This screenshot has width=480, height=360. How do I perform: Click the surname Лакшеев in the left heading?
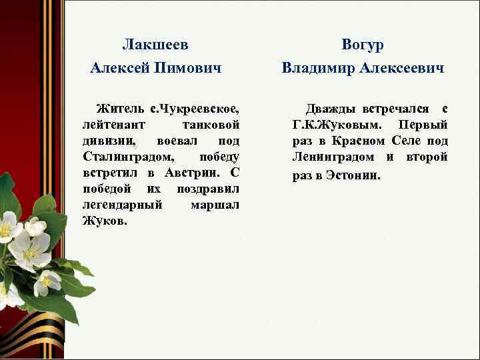[x=155, y=45]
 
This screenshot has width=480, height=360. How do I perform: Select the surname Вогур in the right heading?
[x=362, y=45]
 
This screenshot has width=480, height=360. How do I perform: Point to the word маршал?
[x=215, y=205]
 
